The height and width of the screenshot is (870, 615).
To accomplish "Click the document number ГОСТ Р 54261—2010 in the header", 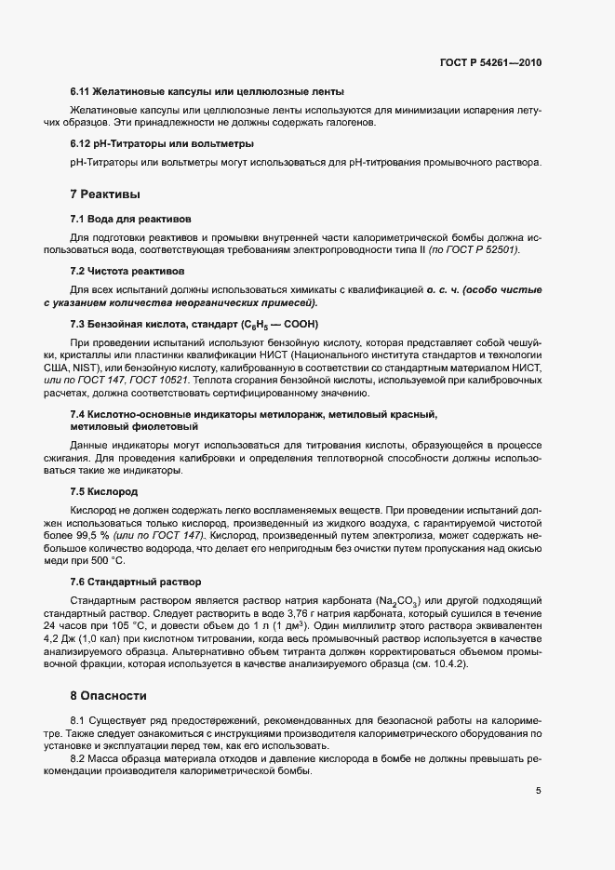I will coord(489,62).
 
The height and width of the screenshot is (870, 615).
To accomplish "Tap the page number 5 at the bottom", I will coord(538,791).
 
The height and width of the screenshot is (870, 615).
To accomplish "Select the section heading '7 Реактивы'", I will coord(105,195).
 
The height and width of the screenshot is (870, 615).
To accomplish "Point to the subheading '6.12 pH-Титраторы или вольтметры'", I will coord(162,144).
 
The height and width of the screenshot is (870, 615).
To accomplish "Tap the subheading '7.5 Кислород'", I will coord(104,490).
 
